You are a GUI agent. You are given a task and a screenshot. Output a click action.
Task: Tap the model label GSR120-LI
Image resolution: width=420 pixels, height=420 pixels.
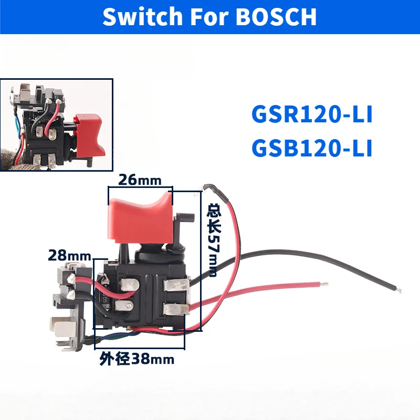[312, 115]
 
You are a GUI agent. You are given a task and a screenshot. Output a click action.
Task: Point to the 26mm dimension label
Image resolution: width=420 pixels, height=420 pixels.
[140, 180]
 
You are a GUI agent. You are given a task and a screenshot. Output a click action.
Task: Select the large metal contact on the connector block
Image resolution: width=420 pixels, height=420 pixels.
[60, 327]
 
